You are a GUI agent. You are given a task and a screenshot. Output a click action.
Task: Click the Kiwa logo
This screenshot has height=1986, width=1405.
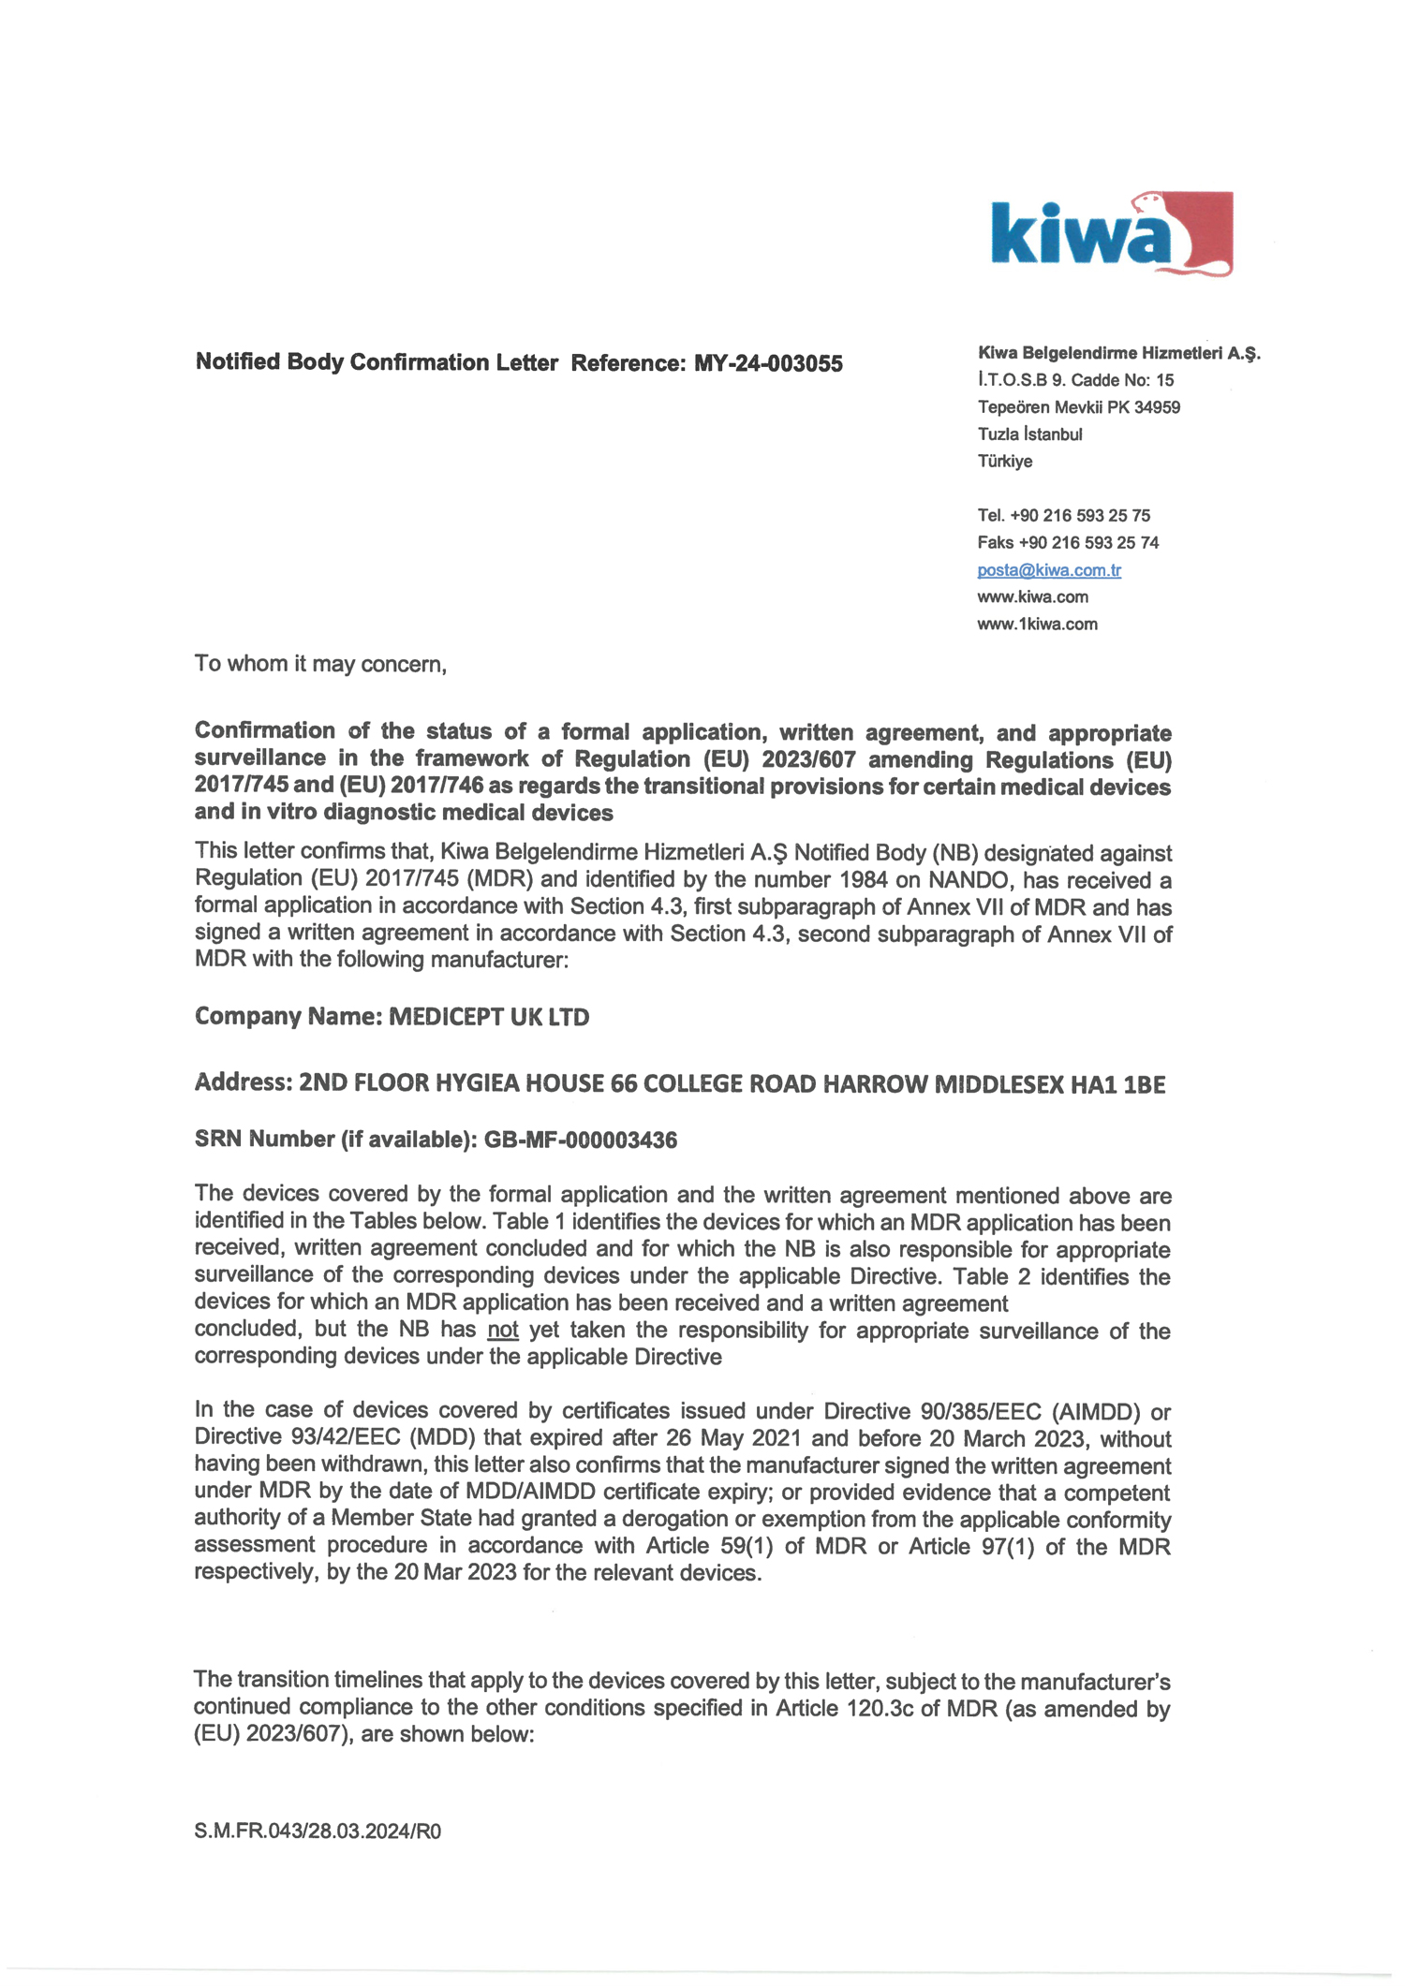pos(1111,234)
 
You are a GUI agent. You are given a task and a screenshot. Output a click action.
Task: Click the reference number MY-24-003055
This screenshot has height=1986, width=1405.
pos(767,363)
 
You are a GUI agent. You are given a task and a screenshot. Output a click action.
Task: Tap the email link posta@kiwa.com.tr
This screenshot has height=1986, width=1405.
pos(1048,569)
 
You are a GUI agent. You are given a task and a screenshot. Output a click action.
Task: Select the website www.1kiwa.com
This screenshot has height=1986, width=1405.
pos(1036,624)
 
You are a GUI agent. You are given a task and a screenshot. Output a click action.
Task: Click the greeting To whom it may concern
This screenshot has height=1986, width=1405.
pos(320,664)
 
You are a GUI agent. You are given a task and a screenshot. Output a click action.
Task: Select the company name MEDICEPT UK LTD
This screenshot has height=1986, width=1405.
pos(488,1017)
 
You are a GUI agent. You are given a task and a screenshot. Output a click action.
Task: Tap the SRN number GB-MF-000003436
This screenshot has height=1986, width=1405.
pos(580,1140)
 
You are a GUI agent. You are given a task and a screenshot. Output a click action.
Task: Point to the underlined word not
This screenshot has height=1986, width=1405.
pos(503,1330)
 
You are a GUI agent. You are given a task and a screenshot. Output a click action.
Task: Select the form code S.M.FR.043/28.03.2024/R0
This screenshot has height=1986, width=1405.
pos(318,1832)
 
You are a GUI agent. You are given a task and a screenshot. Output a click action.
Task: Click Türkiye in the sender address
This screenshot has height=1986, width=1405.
pos(1004,461)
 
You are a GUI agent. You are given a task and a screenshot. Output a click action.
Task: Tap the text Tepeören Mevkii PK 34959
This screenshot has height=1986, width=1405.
pos(1078,407)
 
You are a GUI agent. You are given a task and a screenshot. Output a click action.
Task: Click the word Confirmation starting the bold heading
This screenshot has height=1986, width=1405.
pos(264,730)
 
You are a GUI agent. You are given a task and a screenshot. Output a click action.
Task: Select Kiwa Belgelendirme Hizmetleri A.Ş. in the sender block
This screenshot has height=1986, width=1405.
pos(1118,353)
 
